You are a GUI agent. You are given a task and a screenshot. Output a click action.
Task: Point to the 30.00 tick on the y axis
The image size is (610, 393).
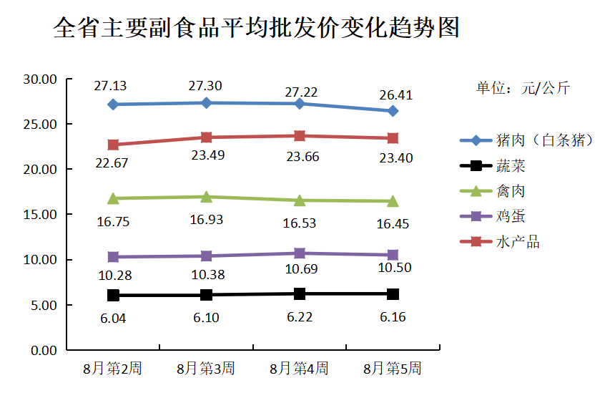click(40, 79)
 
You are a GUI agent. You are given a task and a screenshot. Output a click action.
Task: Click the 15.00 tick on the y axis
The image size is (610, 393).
click(40, 215)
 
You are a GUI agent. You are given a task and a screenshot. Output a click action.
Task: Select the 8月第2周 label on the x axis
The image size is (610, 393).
click(112, 369)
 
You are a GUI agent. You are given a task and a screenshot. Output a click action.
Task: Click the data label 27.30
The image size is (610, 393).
click(205, 86)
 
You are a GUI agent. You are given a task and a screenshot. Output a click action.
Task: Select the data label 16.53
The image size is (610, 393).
click(299, 223)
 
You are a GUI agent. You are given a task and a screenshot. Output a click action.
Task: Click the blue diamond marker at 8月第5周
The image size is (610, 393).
click(393, 111)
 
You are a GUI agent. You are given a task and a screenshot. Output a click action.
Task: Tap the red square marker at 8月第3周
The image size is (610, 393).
click(206, 137)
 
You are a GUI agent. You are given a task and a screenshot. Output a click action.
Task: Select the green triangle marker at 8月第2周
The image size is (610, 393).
click(113, 198)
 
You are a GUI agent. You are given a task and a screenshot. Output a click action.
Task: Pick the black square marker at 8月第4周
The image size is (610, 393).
click(300, 293)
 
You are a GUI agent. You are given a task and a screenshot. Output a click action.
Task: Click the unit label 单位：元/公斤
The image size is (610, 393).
click(523, 89)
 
